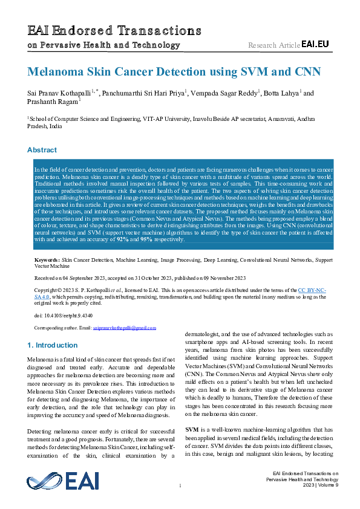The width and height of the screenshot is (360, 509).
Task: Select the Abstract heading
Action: click(x=42, y=149)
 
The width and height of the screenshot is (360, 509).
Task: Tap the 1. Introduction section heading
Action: click(x=53, y=345)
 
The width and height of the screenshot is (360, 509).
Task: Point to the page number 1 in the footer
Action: click(x=180, y=486)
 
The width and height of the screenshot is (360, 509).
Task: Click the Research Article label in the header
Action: click(x=273, y=45)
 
